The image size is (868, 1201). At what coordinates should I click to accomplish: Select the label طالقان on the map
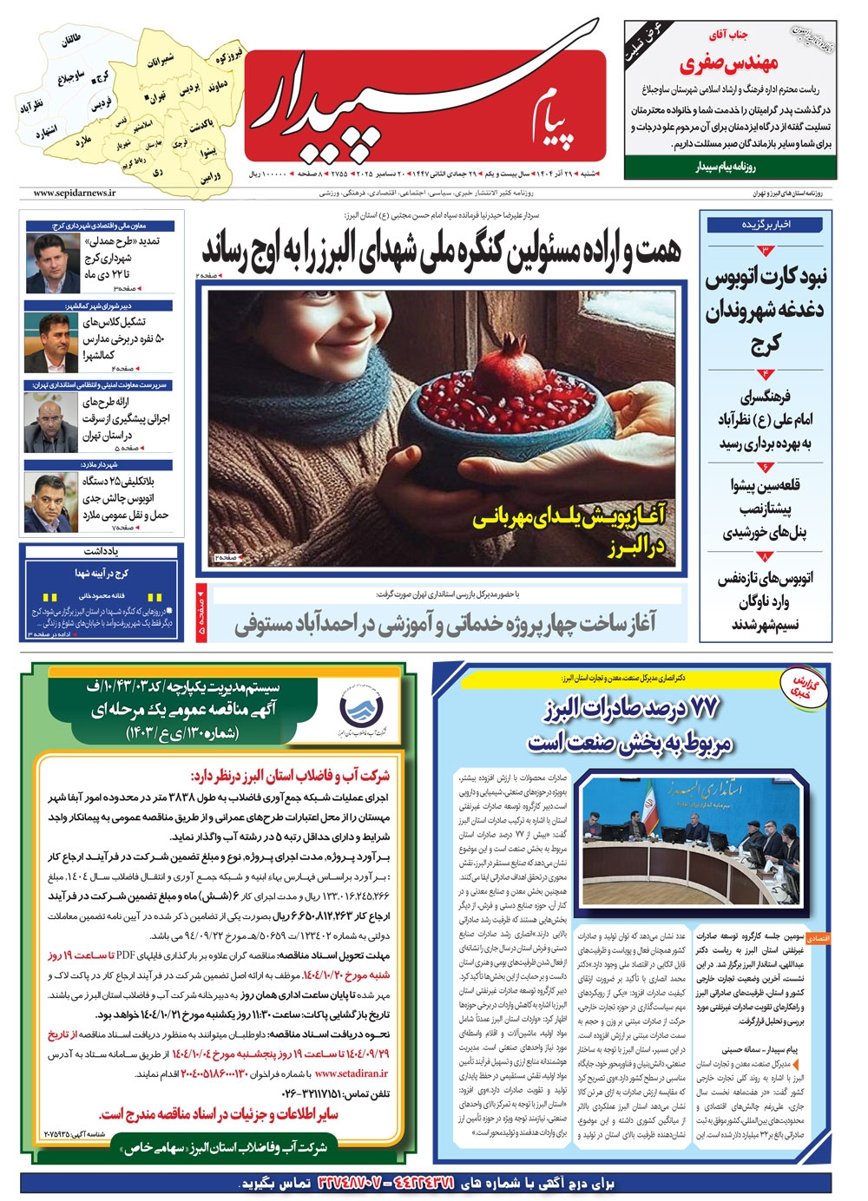coord(71,41)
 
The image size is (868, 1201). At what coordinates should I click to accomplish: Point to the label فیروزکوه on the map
coord(230,56)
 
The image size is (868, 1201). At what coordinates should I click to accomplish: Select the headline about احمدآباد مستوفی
coord(445,623)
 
